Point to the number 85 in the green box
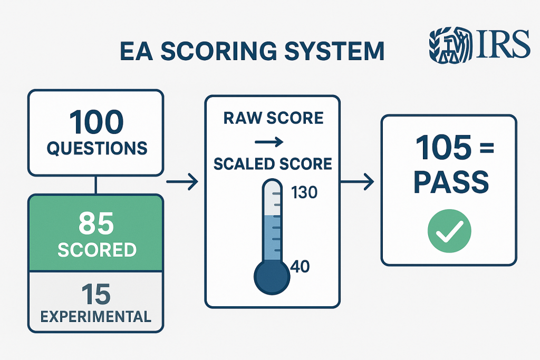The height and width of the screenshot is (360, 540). tap(96, 223)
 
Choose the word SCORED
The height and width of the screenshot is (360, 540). tap(96, 250)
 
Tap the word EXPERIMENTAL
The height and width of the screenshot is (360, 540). tap(96, 317)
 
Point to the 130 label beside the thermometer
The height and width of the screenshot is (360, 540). tap(304, 193)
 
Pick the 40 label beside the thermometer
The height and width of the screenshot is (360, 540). tap(300, 267)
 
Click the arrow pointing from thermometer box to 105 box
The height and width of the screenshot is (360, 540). tap(357, 182)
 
